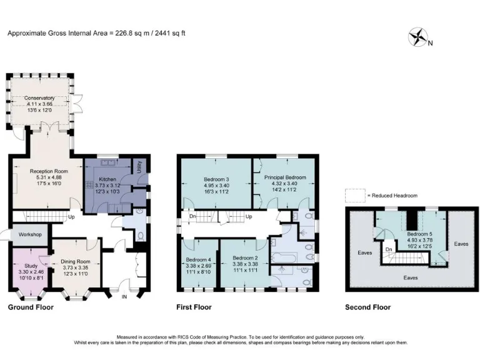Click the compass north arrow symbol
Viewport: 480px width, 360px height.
click(x=417, y=38)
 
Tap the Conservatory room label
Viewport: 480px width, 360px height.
click(x=39, y=98)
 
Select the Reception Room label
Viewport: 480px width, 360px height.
click(x=48, y=169)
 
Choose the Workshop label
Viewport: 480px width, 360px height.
click(x=29, y=234)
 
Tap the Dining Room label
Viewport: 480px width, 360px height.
click(x=75, y=262)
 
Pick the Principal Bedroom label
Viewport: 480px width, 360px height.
click(x=284, y=177)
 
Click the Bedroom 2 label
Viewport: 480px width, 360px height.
click(x=245, y=257)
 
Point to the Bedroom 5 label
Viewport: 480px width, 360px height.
click(x=402, y=233)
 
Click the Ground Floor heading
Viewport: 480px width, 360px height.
click(x=30, y=307)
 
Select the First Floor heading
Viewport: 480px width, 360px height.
click(x=194, y=307)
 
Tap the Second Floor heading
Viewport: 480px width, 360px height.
click(x=367, y=307)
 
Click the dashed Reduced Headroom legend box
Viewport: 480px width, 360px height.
click(x=354, y=196)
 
